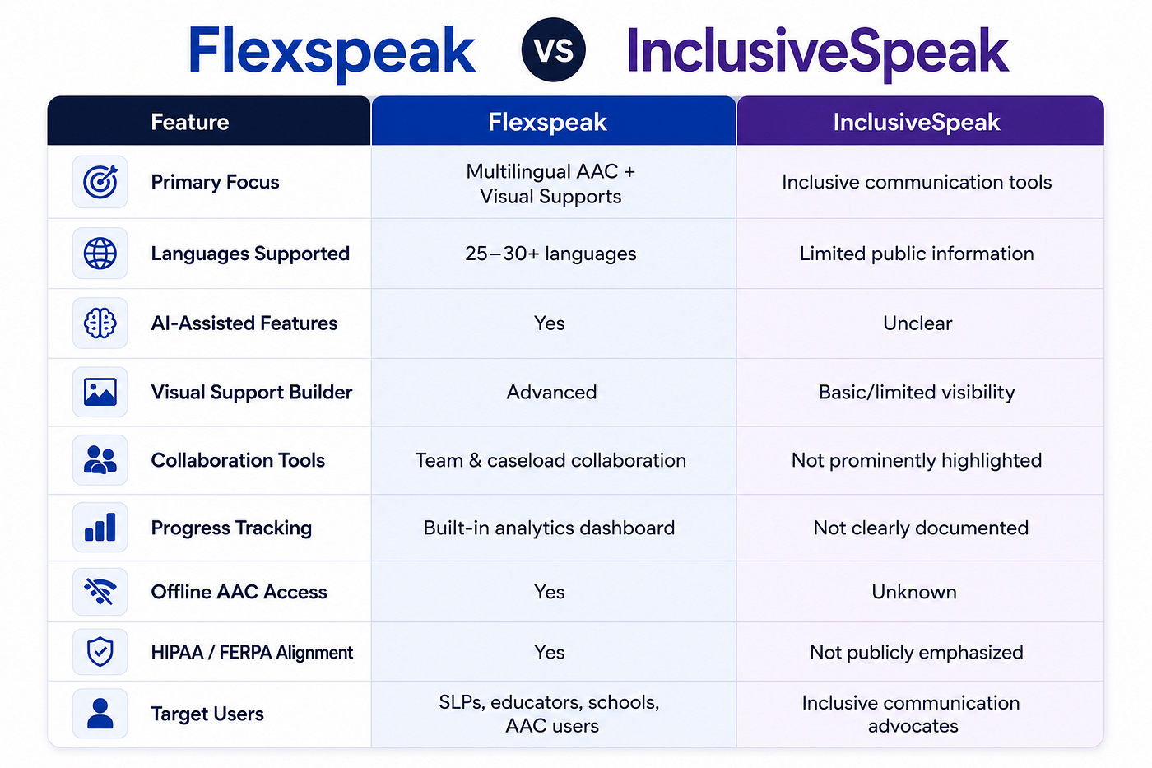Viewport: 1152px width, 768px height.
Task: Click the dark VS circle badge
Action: (553, 50)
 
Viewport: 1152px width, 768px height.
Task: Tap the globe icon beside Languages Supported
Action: (100, 254)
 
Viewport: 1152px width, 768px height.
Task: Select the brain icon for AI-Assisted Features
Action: (100, 323)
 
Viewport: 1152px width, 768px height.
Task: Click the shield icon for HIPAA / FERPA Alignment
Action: (100, 652)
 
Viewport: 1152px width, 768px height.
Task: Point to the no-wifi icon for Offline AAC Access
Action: (100, 592)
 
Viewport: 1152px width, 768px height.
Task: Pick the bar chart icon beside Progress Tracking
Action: (100, 528)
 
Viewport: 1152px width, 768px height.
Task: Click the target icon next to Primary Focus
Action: (100, 182)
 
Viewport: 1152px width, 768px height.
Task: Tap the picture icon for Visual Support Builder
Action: (100, 392)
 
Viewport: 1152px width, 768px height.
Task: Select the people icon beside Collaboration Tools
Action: (100, 460)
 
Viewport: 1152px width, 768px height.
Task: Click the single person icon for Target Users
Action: (100, 714)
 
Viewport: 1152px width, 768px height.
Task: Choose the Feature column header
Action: (209, 121)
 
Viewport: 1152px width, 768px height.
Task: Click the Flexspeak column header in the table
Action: (553, 121)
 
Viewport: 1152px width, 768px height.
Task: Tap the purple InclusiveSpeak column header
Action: (920, 121)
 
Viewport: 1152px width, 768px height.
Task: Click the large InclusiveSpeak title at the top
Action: (817, 51)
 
